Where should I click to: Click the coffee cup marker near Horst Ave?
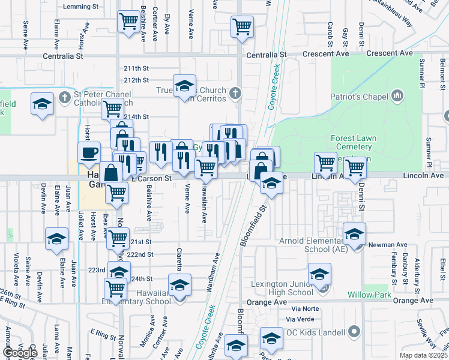click(89, 152)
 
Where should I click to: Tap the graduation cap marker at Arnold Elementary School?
click(355, 233)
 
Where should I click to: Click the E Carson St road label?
click(151, 178)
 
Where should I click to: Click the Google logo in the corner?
click(20, 353)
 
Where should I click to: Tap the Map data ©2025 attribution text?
click(423, 355)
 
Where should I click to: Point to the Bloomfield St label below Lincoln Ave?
click(253, 226)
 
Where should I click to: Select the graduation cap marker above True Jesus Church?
click(184, 85)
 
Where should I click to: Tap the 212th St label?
click(136, 80)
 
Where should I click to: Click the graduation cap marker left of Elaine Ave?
click(57, 239)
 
